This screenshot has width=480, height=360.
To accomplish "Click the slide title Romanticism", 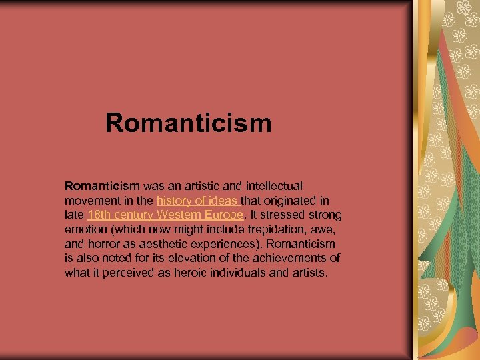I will (x=188, y=123).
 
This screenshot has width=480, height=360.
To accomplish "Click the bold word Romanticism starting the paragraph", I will (x=101, y=186).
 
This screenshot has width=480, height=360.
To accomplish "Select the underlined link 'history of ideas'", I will (x=197, y=201).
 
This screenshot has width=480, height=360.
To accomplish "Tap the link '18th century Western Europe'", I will (x=166, y=215).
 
